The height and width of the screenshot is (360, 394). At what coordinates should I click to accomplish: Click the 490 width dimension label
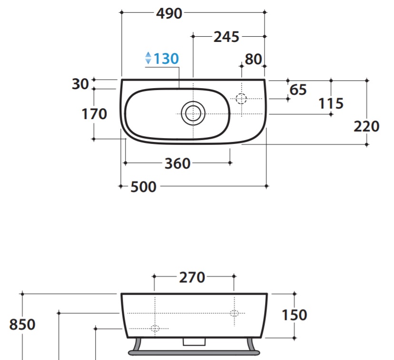pyautogui.click(x=169, y=14)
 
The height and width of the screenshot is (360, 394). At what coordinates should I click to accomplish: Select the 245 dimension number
pyautogui.click(x=226, y=37)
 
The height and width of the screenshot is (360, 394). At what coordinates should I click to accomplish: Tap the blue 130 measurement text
pyautogui.click(x=166, y=59)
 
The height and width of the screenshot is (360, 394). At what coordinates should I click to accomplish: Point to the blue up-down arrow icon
pyautogui.click(x=148, y=58)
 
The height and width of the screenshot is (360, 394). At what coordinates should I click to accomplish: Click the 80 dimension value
pyautogui.click(x=253, y=60)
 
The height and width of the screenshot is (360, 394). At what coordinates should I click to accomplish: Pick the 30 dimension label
pyautogui.click(x=80, y=84)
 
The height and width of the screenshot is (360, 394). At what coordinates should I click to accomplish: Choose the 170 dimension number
pyautogui.click(x=94, y=114)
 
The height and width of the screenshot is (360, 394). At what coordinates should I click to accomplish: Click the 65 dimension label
pyautogui.click(x=298, y=90)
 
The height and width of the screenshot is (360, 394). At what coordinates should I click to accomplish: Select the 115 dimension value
pyautogui.click(x=331, y=104)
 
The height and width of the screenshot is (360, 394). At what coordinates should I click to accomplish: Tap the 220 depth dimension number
pyautogui.click(x=366, y=127)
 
